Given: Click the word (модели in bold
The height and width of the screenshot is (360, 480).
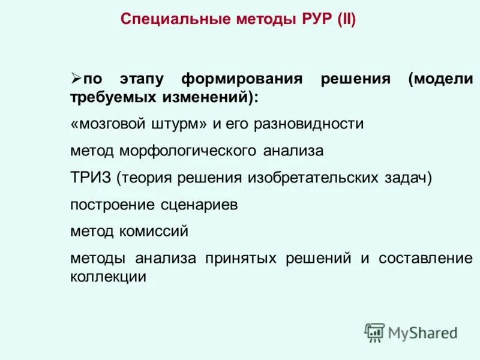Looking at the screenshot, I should (x=440, y=80).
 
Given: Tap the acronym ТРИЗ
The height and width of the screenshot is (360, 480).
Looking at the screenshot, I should (x=90, y=178).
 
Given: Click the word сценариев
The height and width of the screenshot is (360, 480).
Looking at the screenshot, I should (x=200, y=205).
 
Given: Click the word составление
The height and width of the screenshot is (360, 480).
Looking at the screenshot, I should (x=425, y=259).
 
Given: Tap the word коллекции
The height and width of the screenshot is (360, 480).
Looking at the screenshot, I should (x=108, y=277).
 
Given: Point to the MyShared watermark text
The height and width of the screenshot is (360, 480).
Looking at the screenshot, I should (x=423, y=332).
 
